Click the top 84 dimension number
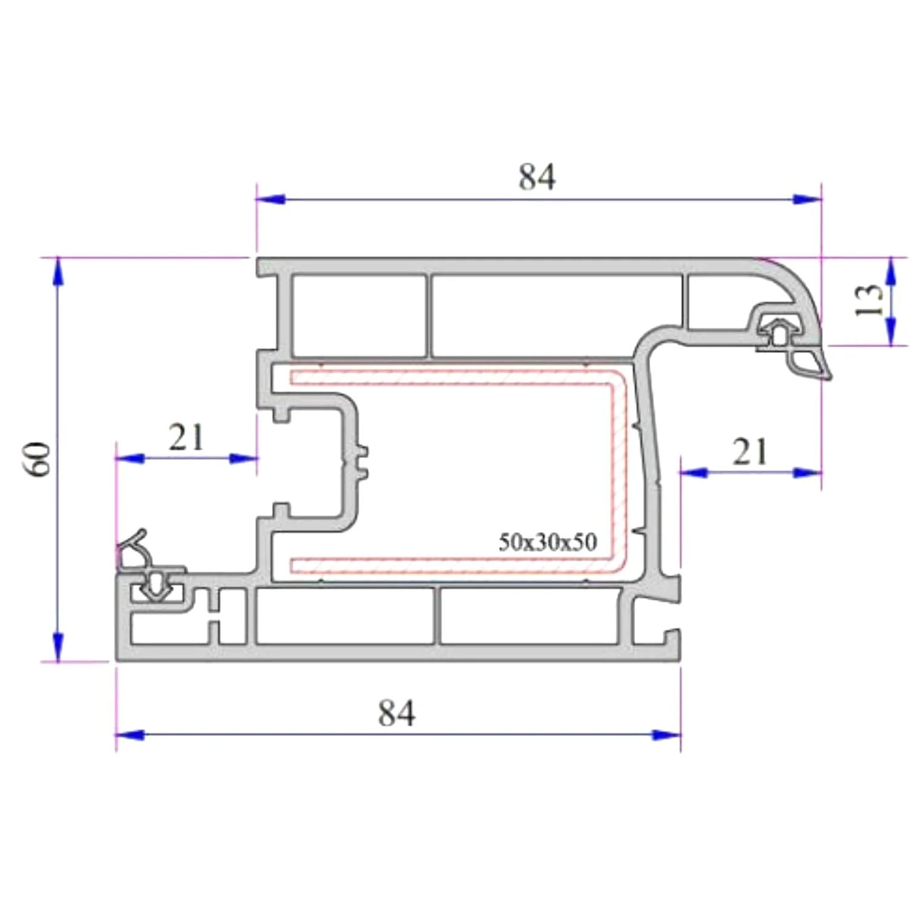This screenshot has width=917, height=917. coord(537,177)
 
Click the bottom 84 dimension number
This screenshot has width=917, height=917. coord(397,713)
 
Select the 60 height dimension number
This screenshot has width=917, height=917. coord(39,459)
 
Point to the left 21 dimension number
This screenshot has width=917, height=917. coord(186,437)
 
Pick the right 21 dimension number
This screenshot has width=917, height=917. coord(750,452)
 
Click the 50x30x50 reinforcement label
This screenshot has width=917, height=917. coord(548,542)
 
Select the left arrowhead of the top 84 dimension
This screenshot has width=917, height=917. coord(270,199)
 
